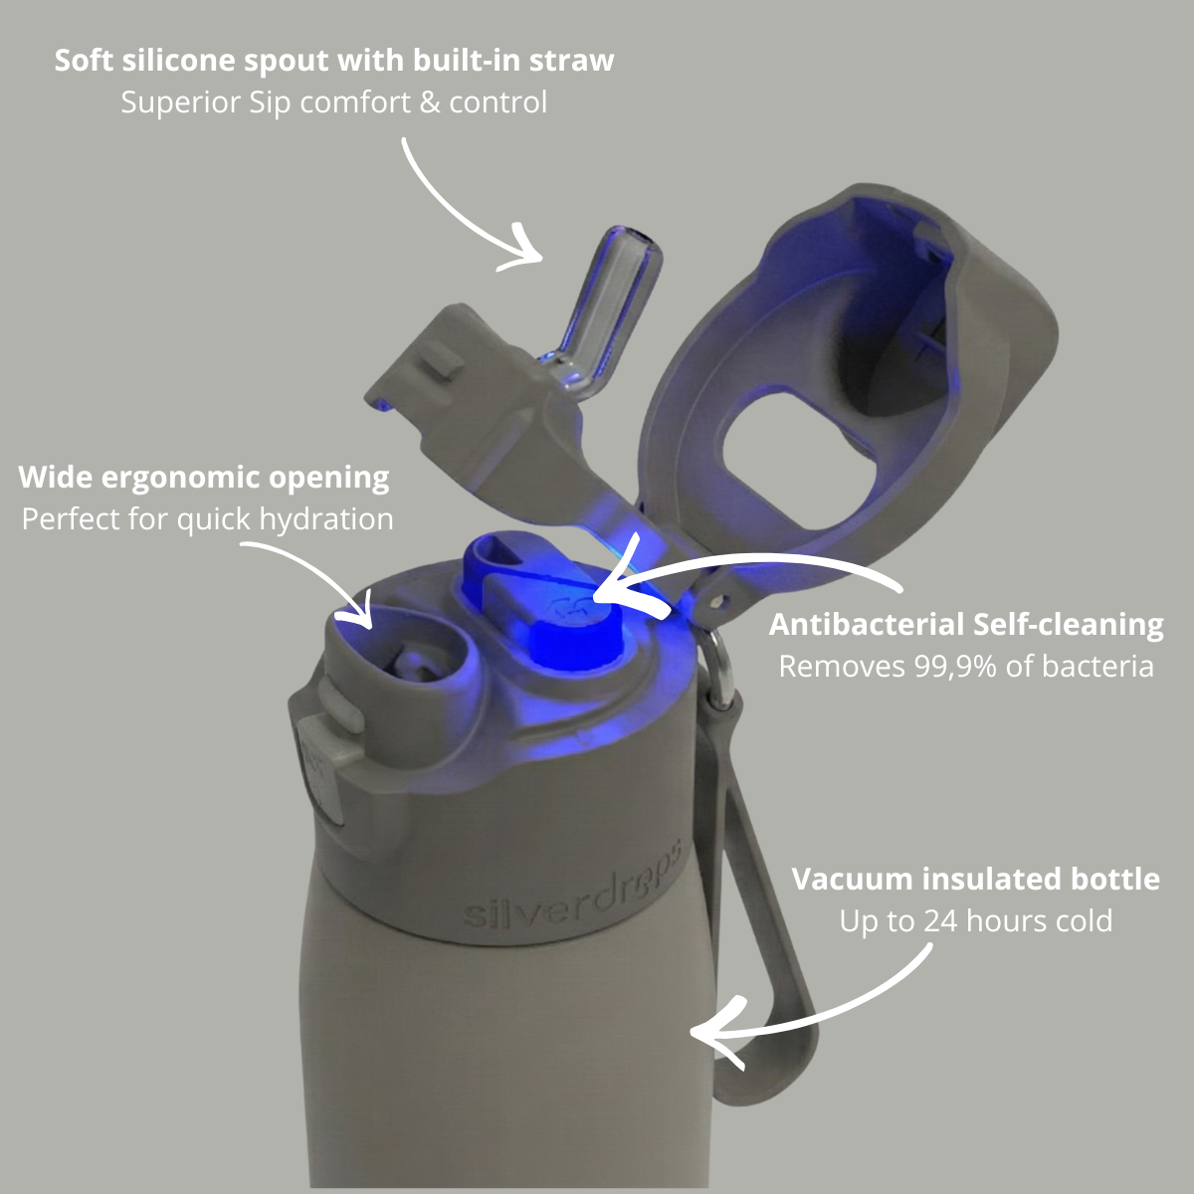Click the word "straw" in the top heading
pos(571,61)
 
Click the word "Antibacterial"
pos(866,625)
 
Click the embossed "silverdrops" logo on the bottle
pos(573,890)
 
